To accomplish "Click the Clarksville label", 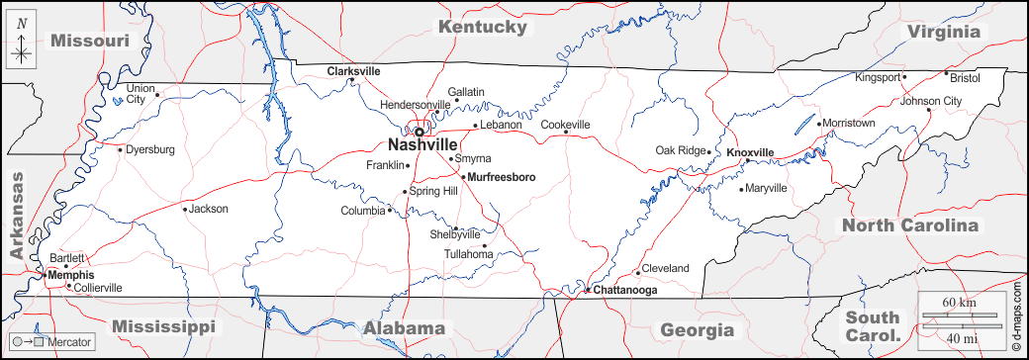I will [x=353, y=71].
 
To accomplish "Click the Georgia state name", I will [x=698, y=329].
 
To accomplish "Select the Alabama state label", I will [x=404, y=328].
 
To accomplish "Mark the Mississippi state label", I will [x=163, y=326].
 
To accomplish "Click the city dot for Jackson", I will [x=184, y=209].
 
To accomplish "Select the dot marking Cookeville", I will [x=566, y=134].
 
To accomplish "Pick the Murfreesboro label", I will [x=501, y=177].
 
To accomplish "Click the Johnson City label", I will [x=930, y=101].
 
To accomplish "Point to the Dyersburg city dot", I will [x=120, y=150].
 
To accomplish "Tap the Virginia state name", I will [x=944, y=32].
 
